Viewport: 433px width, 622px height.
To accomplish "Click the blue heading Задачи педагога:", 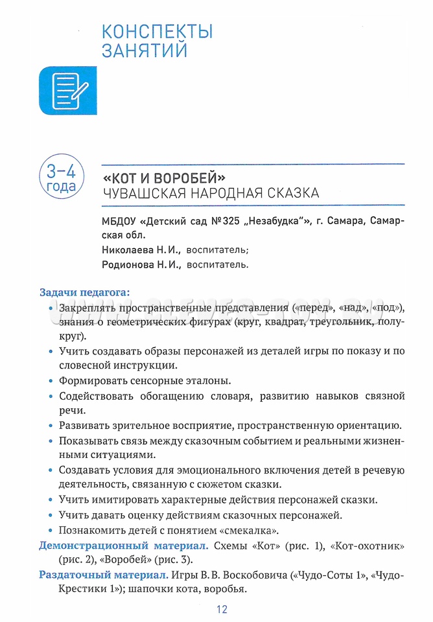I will pos(84,292).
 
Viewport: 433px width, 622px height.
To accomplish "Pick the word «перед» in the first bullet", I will pos(311,307).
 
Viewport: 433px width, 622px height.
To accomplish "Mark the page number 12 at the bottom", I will pos(222,609).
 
